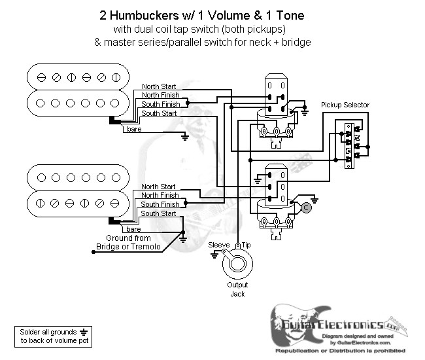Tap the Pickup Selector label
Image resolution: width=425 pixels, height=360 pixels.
[x=345, y=105]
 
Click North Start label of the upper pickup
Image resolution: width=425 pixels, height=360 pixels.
[x=158, y=86]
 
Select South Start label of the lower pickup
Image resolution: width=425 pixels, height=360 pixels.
[x=158, y=213]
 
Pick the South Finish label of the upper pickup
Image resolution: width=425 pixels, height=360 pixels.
[x=160, y=104]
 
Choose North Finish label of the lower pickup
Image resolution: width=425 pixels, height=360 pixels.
[x=160, y=195]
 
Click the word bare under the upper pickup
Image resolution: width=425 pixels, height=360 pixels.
[x=134, y=129]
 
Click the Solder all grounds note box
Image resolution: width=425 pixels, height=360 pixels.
[x=52, y=336]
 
